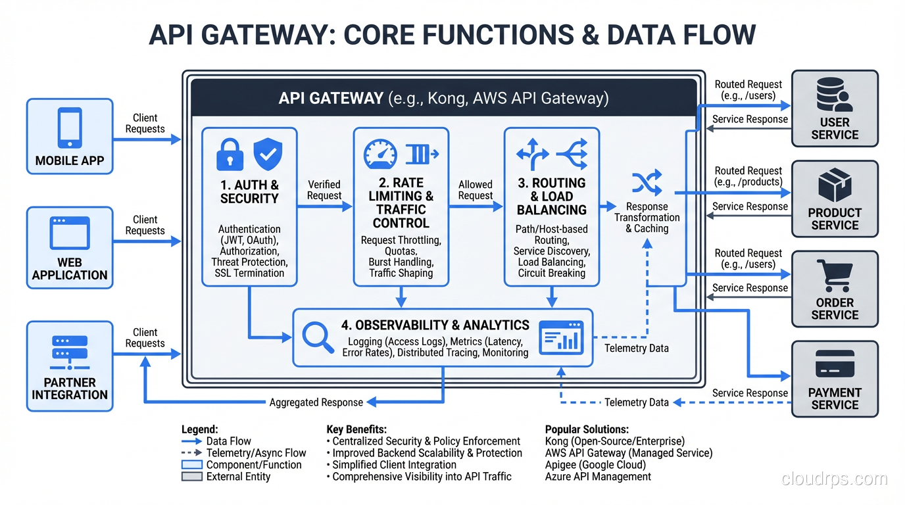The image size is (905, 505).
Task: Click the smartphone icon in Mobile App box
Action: click(70, 128)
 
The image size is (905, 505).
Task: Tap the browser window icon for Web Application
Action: click(70, 233)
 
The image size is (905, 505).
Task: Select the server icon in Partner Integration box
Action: click(70, 352)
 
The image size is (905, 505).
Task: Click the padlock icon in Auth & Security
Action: click(230, 155)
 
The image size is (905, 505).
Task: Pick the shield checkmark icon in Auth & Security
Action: click(268, 155)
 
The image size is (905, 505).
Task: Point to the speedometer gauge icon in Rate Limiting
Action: click(380, 154)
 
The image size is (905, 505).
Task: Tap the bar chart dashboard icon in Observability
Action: click(560, 337)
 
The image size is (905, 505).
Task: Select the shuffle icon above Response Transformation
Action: click(647, 183)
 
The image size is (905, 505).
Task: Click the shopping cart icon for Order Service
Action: click(835, 276)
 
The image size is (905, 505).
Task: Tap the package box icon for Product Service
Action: click(835, 186)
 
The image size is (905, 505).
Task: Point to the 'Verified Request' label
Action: click(324, 190)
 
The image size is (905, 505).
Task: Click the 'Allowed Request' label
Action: click(476, 190)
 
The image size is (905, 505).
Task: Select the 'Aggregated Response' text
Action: click(316, 402)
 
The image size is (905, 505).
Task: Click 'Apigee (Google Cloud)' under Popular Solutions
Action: click(595, 465)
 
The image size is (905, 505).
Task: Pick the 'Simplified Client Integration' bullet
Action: click(394, 465)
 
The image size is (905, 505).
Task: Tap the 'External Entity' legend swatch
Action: click(191, 477)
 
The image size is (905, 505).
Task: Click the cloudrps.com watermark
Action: click(834, 479)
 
